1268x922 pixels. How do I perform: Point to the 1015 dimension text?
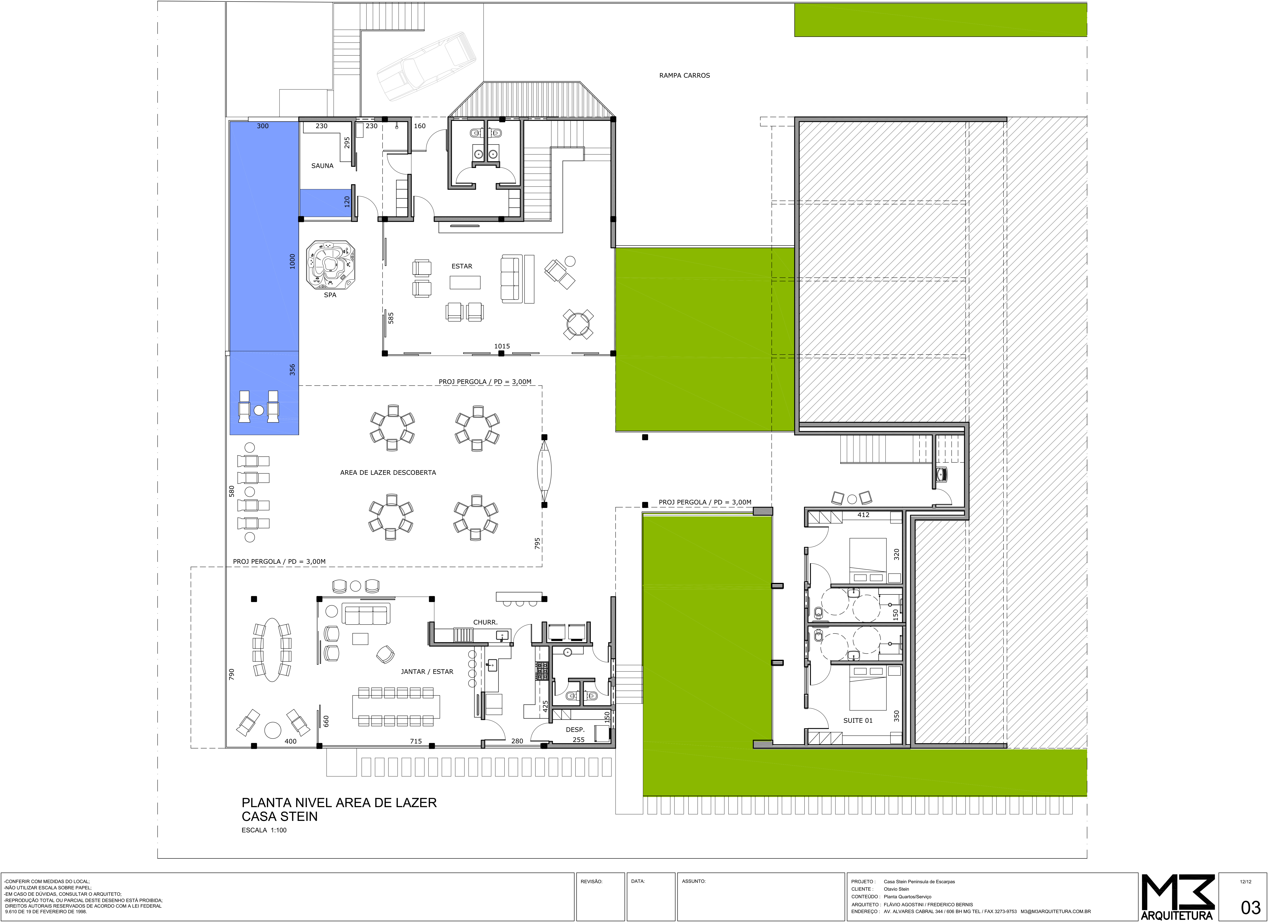pos(502,347)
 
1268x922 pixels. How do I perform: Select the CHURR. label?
pos(485,622)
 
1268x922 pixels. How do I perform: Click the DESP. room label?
pos(575,730)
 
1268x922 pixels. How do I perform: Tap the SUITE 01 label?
pos(858,721)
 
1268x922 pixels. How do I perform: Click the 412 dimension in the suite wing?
pos(863,515)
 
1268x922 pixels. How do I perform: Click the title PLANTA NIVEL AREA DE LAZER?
pos(339,803)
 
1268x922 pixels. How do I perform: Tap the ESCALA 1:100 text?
pos(264,830)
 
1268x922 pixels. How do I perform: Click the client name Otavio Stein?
pos(896,889)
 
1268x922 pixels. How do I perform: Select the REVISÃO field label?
pos(592,882)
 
